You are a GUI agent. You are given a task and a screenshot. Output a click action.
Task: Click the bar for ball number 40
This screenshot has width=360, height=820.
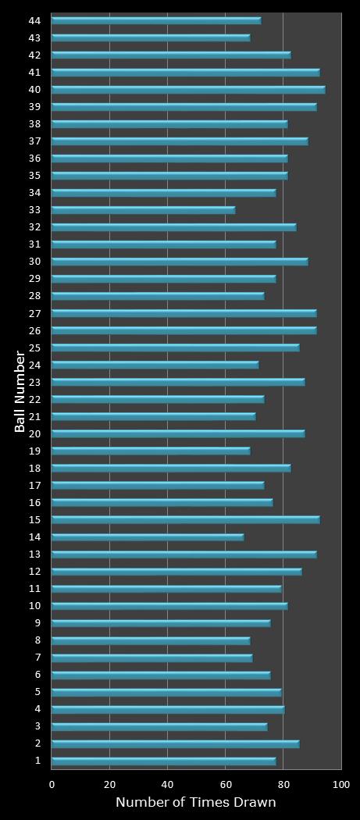[187, 90]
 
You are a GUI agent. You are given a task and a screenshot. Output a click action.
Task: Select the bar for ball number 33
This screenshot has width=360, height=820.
[143, 210]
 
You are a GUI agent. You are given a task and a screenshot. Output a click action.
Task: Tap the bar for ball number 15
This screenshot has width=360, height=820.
[185, 519]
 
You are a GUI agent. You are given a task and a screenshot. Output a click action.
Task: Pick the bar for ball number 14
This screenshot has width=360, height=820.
[148, 537]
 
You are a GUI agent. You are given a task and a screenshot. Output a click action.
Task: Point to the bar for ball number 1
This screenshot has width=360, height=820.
[163, 761]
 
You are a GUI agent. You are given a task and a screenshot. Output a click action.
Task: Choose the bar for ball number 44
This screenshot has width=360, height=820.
[156, 20]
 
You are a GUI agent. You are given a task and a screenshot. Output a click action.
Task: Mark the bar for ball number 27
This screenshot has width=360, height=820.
[184, 313]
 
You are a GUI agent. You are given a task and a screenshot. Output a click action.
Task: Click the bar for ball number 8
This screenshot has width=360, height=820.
[151, 640]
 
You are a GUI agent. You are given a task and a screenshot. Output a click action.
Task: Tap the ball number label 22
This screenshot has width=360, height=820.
[34, 399]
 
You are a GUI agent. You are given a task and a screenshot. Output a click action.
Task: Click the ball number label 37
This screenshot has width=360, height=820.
[34, 141]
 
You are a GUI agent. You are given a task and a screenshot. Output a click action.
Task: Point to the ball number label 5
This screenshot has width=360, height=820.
[37, 691]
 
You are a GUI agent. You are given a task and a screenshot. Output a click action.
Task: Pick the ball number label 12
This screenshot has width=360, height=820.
[34, 571]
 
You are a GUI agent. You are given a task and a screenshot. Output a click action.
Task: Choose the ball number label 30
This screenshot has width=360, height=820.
[34, 262]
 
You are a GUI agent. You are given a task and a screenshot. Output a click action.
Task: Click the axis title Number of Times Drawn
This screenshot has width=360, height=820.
[195, 803]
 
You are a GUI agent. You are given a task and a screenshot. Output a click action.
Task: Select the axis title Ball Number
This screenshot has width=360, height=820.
[20, 390]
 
